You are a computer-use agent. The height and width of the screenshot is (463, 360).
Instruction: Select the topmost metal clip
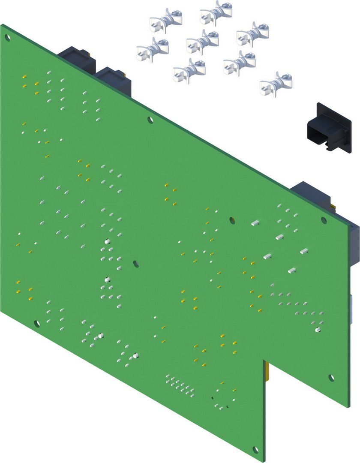(x=216, y=12)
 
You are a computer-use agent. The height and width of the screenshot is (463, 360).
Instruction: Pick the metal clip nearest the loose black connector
(x=276, y=84)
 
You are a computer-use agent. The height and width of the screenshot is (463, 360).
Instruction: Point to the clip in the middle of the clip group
(x=202, y=42)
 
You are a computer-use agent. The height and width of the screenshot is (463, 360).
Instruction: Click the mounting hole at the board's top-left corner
(x=7, y=37)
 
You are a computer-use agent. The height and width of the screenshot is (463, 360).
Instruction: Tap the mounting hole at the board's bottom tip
(x=256, y=450)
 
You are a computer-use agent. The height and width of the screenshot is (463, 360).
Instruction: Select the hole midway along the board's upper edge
(x=150, y=120)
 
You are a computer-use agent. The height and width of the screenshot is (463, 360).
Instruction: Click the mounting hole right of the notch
(x=331, y=377)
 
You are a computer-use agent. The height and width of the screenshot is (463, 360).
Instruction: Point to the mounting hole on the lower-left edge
(x=37, y=323)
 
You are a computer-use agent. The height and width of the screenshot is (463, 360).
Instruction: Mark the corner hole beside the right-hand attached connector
(x=324, y=220)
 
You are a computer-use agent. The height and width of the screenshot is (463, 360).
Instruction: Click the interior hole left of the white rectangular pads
(x=232, y=220)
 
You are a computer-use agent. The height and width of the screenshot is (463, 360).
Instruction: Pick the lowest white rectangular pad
(x=293, y=270)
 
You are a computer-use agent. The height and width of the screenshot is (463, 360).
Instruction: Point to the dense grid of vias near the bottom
(x=180, y=385)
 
